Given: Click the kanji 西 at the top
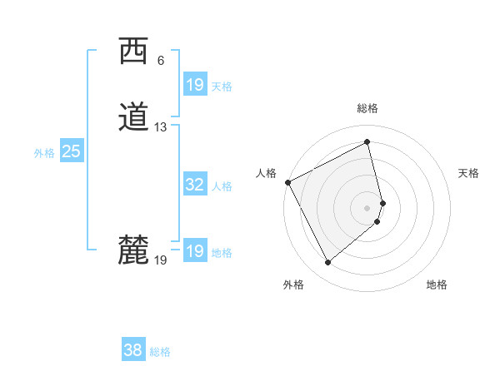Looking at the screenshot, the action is coord(133,51).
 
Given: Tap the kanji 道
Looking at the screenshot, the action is coord(133,117).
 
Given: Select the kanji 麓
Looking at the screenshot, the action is coord(133,250).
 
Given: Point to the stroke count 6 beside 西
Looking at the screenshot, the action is coord(160,61).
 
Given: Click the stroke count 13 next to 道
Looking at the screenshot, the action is coord(161,127).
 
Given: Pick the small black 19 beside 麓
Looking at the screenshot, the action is coord(161,260).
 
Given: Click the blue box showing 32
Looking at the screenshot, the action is coord(194,186).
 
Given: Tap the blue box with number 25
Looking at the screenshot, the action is coord(71,151).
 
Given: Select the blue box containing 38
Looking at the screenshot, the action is coord(132,351).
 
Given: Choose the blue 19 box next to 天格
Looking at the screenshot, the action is coord(194,85).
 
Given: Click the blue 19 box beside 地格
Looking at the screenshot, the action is coord(194,252).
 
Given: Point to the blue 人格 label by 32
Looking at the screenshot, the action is coord(222,186).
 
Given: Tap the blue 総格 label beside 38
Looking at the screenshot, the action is coord(160,352).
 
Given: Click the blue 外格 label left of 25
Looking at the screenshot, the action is coord(44,152).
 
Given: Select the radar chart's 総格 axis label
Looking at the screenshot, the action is coord(367,108).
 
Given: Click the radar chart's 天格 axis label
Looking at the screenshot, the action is coord(468,173).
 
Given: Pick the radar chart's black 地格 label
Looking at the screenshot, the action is coord(437,285).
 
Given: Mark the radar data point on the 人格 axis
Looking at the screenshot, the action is coord(287,182).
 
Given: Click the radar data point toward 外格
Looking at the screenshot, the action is coord(327,263).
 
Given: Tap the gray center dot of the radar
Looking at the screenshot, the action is coord(367,207).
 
